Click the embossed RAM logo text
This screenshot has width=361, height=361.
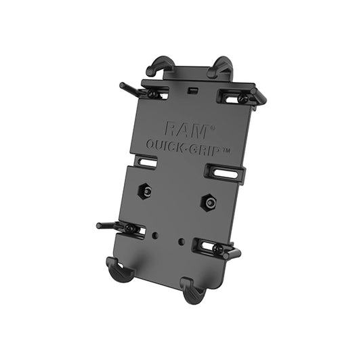click(x=186, y=131)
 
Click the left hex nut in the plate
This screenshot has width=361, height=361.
click(x=145, y=190)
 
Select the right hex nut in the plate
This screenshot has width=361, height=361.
click(x=208, y=202)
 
